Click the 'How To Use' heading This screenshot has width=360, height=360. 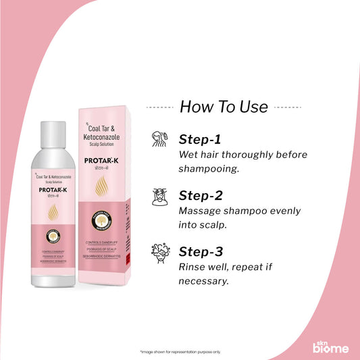223,107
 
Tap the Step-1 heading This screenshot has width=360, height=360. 200,140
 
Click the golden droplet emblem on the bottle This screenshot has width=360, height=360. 49,212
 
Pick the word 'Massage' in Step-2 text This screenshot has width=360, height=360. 203,210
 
